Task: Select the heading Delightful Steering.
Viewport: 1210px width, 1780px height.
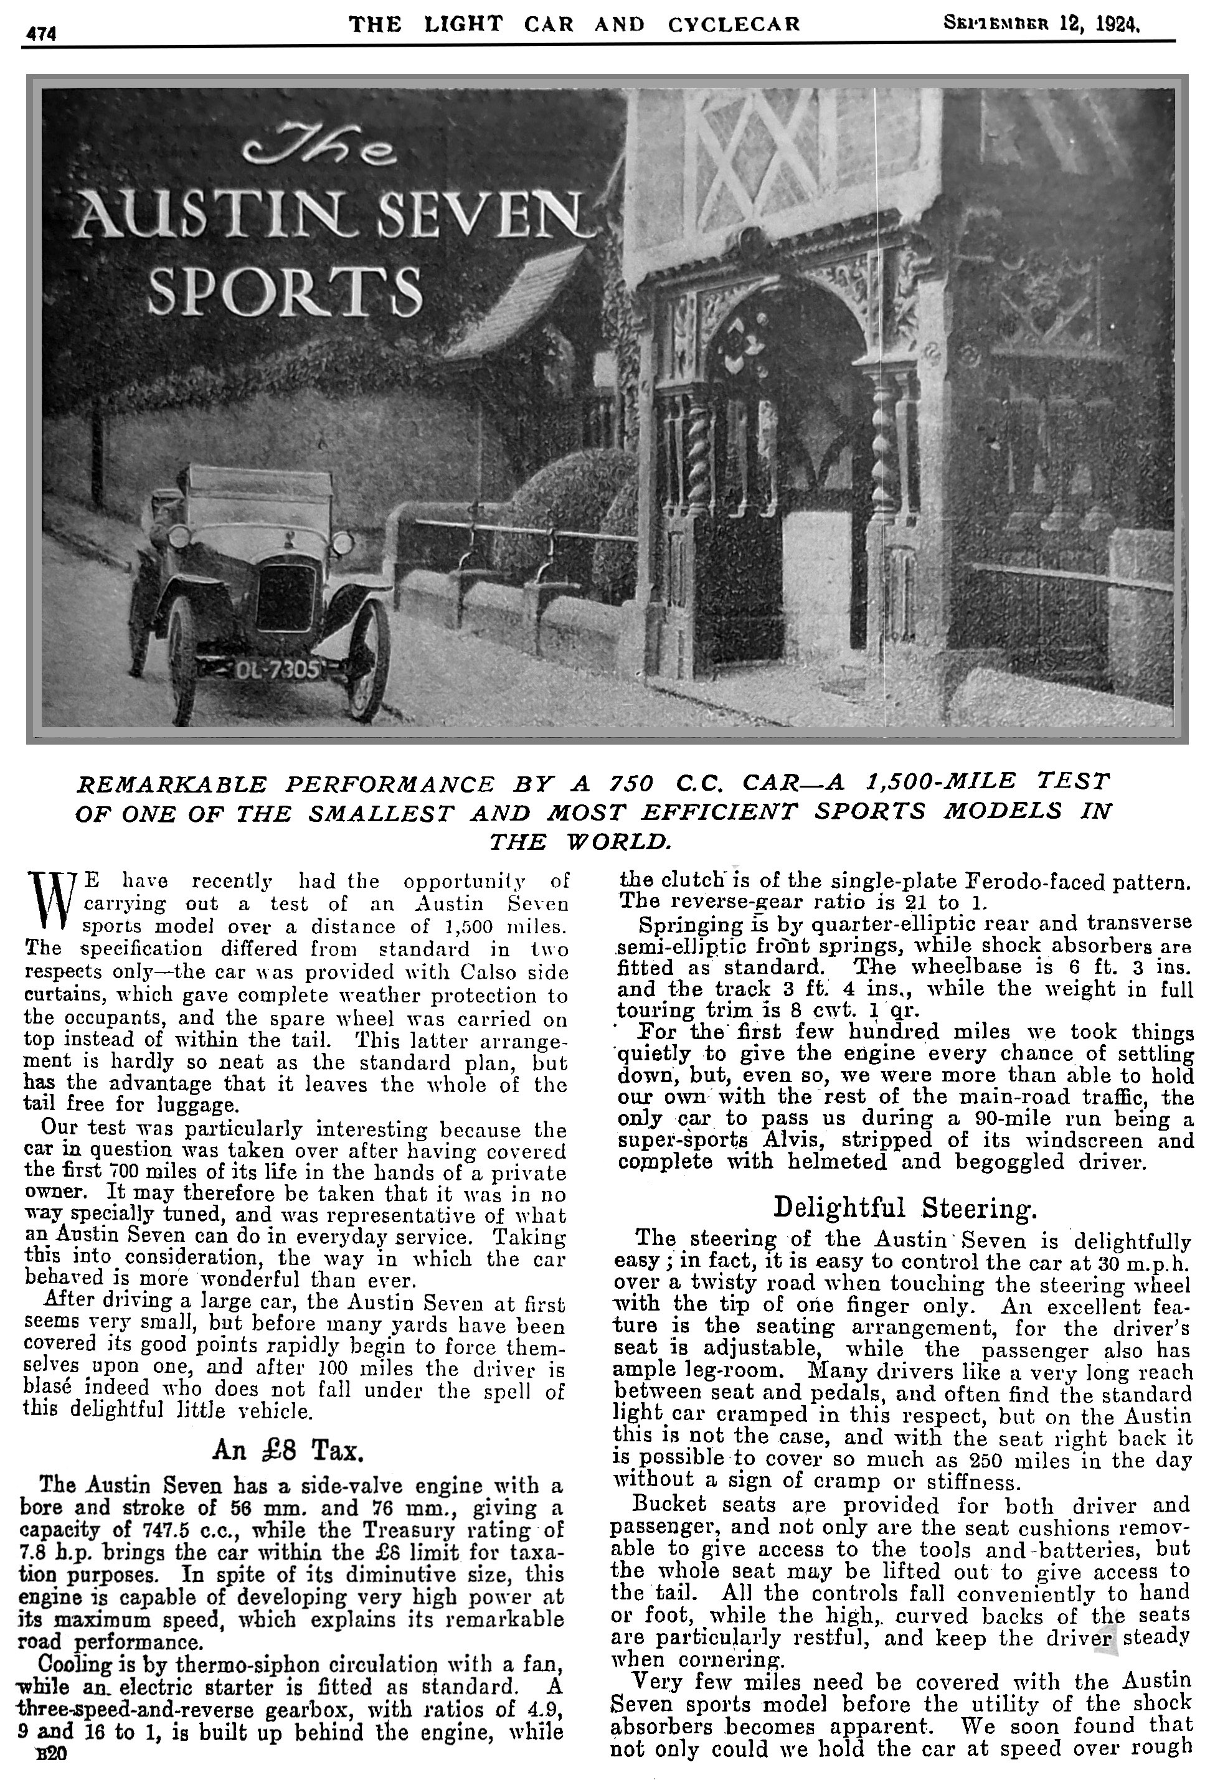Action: (x=905, y=1207)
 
